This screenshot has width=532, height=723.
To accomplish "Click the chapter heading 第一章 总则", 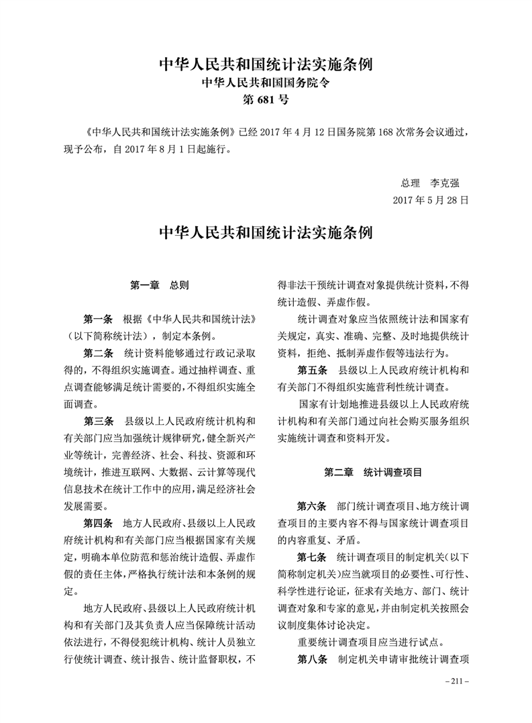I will (x=160, y=285).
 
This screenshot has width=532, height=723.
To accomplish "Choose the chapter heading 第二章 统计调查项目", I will (x=372, y=472).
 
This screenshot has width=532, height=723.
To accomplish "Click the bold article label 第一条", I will (x=97, y=317).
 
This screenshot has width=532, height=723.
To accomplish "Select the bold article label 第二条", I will (x=97, y=352).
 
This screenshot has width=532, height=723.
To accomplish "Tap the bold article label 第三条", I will (x=97, y=422).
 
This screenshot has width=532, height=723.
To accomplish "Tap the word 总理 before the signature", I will (x=410, y=183).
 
